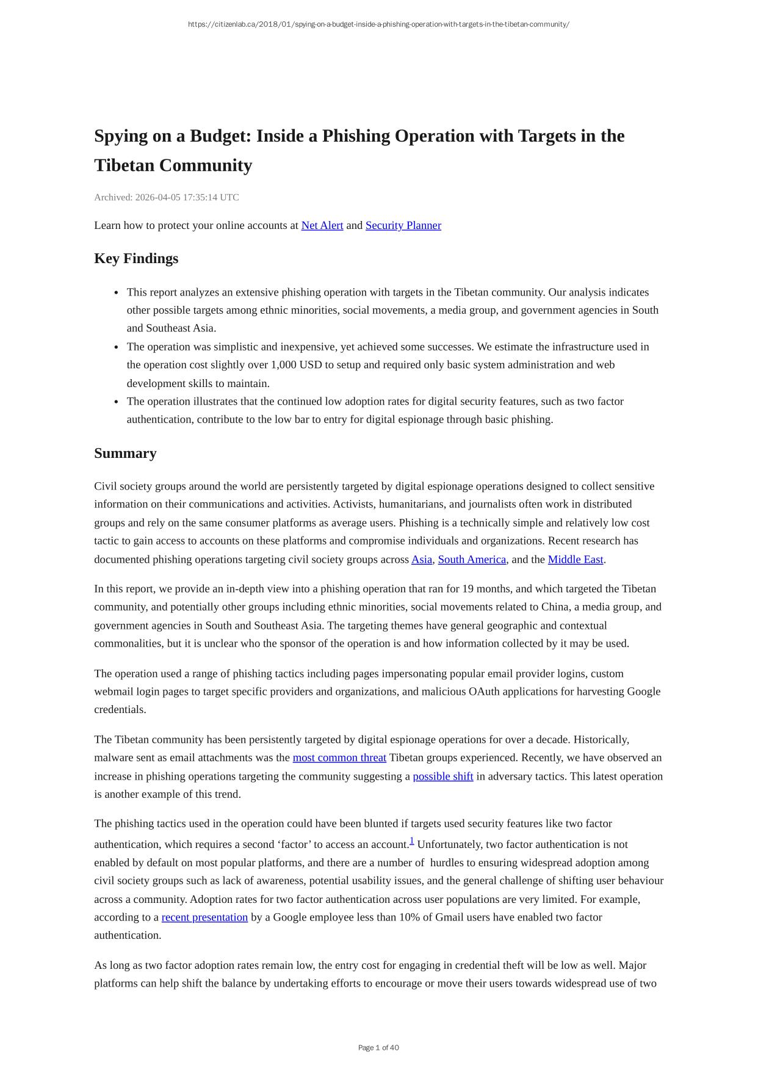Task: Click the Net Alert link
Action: click(x=322, y=225)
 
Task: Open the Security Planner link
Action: click(x=403, y=225)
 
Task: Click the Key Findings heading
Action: click(x=136, y=258)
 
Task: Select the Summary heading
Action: click(x=125, y=453)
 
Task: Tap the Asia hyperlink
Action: click(x=421, y=559)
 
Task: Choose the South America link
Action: click(x=472, y=559)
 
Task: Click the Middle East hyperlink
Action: click(x=575, y=559)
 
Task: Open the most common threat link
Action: click(x=339, y=758)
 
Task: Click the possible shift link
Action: click(x=442, y=777)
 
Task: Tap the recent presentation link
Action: click(x=204, y=917)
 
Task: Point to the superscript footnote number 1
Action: click(x=412, y=841)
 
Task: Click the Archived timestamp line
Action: click(x=167, y=197)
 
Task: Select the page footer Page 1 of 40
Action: click(x=378, y=1048)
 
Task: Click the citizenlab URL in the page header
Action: click(x=378, y=24)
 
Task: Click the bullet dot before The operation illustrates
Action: click(x=116, y=402)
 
